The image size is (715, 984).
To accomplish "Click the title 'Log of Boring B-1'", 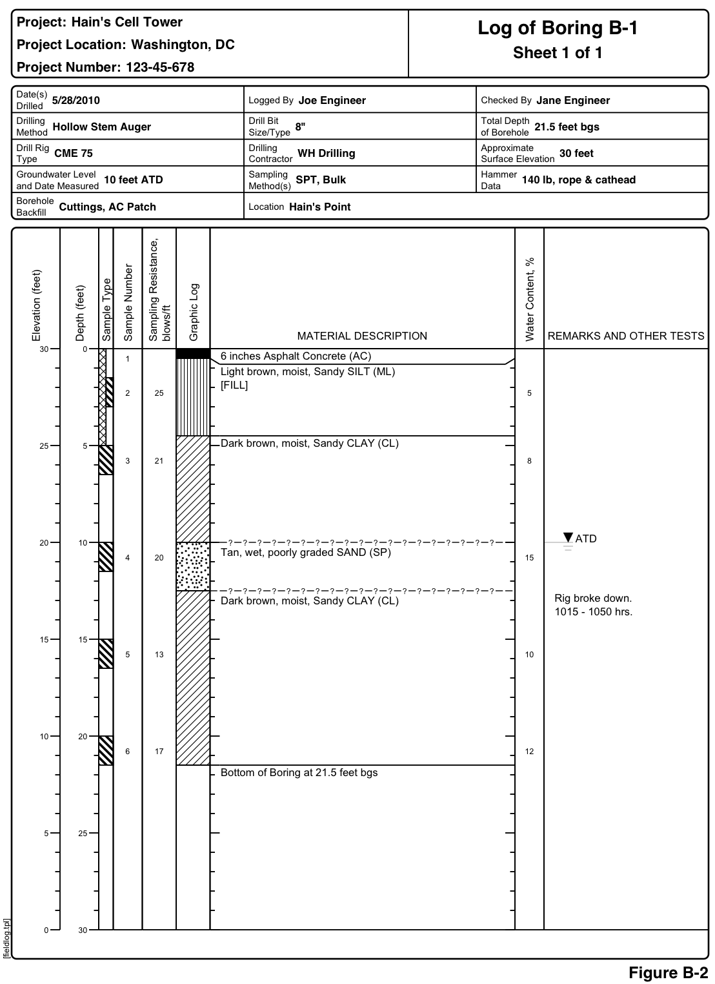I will click(558, 28).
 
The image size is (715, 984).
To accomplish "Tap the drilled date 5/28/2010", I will click(76, 101).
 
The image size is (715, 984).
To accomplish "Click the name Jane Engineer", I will click(573, 100).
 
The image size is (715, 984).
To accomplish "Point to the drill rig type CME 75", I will click(74, 154).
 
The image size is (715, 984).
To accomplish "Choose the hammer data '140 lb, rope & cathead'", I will click(578, 180).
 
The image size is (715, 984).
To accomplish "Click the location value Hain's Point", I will click(320, 207).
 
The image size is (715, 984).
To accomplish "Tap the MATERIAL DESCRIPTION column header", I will click(362, 336).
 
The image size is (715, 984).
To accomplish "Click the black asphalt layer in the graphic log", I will click(193, 354).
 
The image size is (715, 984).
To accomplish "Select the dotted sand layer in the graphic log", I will click(193, 566).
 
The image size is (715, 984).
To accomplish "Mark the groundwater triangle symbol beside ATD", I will click(568, 537).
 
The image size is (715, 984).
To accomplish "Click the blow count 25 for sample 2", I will click(159, 393).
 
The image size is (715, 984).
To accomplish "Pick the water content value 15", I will click(529, 558).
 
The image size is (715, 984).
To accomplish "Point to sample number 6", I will click(128, 752).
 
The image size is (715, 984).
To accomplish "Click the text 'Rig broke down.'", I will click(593, 598).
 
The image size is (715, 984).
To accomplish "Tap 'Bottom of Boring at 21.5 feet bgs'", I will click(299, 773).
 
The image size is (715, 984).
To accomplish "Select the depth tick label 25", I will click(83, 834).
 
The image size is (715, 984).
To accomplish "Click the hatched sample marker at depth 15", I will click(106, 653).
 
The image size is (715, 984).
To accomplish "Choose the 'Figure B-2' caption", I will click(669, 972).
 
